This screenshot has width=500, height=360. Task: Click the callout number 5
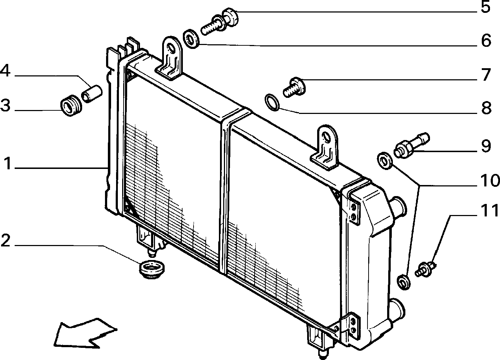(x=485, y=7)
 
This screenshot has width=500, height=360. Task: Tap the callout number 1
(x=8, y=163)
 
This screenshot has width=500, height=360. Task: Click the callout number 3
(x=6, y=106)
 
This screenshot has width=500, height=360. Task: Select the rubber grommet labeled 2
(x=152, y=270)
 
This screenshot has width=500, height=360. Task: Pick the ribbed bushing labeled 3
(x=71, y=106)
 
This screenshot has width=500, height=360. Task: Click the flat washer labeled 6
(x=191, y=39)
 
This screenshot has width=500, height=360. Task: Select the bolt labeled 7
(x=294, y=87)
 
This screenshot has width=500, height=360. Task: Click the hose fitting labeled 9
(x=412, y=145)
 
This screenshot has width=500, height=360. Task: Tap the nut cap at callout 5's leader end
(x=230, y=17)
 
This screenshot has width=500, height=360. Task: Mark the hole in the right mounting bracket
(x=327, y=137)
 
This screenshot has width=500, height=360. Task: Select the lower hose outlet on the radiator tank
(x=397, y=311)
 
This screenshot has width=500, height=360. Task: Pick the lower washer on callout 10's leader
(x=404, y=282)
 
